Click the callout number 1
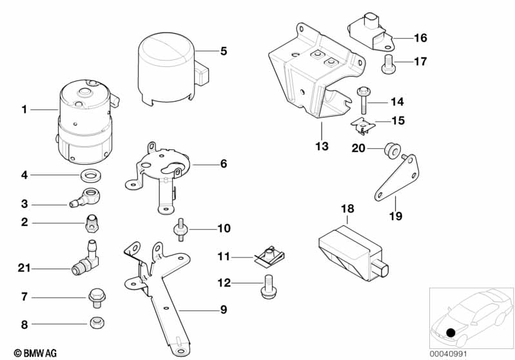[x=24, y=109]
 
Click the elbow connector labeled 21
[x=87, y=260]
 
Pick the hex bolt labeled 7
[x=94, y=297]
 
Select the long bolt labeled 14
[x=362, y=100]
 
